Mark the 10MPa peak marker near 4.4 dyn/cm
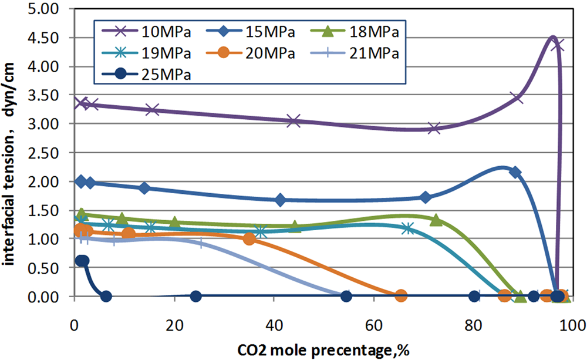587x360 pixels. pos(558,45)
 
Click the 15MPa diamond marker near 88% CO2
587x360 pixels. pos(515,172)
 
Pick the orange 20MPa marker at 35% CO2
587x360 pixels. pos(249,239)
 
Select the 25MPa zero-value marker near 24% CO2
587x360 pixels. pos(196,297)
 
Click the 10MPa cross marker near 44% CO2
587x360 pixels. pos(294,121)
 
